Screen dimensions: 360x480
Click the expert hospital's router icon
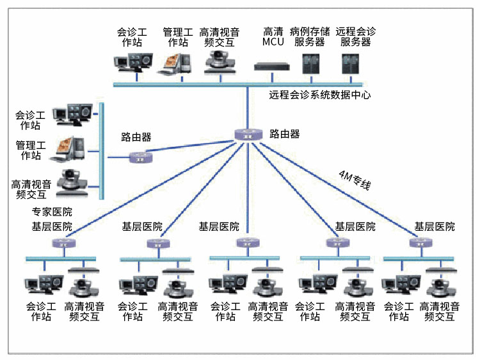(x=139, y=156)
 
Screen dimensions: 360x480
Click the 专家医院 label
(x=52, y=212)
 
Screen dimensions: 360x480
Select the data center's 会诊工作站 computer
(x=132, y=61)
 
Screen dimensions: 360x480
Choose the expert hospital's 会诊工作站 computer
(x=72, y=114)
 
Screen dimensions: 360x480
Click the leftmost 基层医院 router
(x=62, y=243)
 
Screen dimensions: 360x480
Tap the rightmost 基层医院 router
(x=419, y=243)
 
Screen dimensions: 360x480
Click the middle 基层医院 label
(x=219, y=226)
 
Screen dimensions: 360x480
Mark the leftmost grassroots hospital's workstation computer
(x=44, y=284)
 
